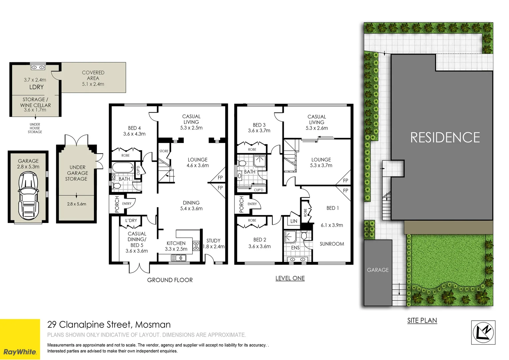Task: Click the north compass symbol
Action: click(x=483, y=332)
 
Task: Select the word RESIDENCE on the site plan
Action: click(x=445, y=137)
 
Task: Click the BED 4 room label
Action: click(x=134, y=128)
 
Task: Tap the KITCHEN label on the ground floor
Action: click(x=176, y=243)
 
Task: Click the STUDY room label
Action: click(x=213, y=241)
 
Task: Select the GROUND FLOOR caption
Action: click(x=170, y=280)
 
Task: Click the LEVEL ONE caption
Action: click(x=290, y=278)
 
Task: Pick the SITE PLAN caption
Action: click(x=422, y=320)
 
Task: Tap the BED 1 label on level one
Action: click(x=332, y=208)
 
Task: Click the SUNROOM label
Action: click(x=332, y=244)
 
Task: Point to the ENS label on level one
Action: click(x=295, y=248)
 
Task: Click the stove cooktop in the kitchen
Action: click(x=196, y=246)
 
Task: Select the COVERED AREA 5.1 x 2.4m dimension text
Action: click(x=93, y=84)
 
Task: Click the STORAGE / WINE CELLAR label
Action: click(x=35, y=102)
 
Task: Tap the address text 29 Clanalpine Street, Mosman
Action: click(x=109, y=324)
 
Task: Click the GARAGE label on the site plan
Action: click(x=378, y=270)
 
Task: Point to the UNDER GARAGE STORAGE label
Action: click(x=77, y=173)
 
